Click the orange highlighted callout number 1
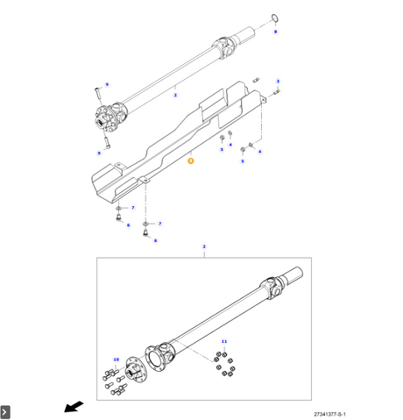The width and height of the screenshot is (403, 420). [191, 160]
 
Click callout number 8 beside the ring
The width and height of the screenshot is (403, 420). [275, 32]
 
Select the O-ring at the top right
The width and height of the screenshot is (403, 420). [275, 18]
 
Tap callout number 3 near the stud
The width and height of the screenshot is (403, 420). [278, 82]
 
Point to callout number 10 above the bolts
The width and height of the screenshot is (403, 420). [117, 359]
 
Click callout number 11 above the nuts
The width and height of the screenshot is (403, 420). [224, 341]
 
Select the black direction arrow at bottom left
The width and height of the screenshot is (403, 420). [74, 407]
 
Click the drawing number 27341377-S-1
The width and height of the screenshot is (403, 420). [329, 414]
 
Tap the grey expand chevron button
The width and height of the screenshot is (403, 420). [5, 412]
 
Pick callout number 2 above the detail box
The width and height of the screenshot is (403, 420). [204, 246]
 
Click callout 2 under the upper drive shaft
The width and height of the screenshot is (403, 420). [175, 95]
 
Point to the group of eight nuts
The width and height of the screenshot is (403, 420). [225, 364]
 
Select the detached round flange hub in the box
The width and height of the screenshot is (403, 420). [135, 369]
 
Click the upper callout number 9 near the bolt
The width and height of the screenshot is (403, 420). [107, 84]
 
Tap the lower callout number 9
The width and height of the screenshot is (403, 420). [99, 153]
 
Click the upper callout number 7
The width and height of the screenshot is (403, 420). [133, 208]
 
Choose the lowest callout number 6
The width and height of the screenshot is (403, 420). [155, 240]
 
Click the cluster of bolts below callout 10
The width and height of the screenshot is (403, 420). [115, 382]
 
